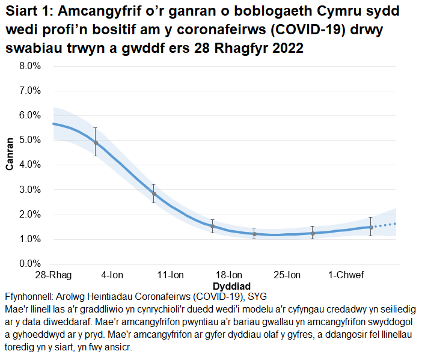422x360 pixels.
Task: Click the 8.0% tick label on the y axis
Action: [29, 66]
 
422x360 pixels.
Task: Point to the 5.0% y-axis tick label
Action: [29, 140]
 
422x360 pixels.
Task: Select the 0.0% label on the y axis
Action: [29, 264]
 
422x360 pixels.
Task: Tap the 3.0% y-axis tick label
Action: [29, 190]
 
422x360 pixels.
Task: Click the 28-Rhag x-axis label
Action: [54, 275]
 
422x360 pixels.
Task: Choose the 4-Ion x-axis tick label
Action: [112, 275]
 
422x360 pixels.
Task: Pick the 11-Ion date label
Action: [171, 275]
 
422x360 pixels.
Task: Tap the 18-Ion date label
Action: [230, 275]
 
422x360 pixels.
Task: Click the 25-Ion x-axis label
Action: [289, 275]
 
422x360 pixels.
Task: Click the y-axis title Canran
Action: [10, 154]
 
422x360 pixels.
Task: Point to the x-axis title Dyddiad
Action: [231, 285]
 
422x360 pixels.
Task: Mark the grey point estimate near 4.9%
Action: [95, 142]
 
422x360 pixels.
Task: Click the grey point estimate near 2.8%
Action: [154, 194]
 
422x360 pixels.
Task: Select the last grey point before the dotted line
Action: [371, 227]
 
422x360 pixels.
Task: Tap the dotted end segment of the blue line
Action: [385, 225]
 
